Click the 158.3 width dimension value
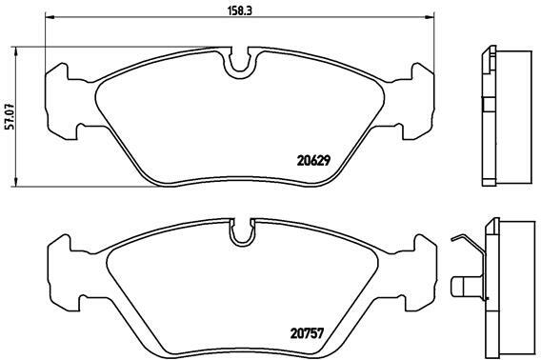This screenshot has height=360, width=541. pos(239,10)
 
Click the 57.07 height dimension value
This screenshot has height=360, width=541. pos(10,116)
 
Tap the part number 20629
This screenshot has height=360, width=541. pos(313,161)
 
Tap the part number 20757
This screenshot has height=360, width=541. pos(307,333)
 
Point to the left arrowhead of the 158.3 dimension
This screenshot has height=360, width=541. pos(50,16)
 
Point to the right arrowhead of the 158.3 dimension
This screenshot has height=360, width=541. pos(430,16)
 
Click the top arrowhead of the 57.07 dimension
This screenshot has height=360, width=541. pos(15,51)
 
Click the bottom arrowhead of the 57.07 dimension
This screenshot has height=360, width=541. pos(15,182)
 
